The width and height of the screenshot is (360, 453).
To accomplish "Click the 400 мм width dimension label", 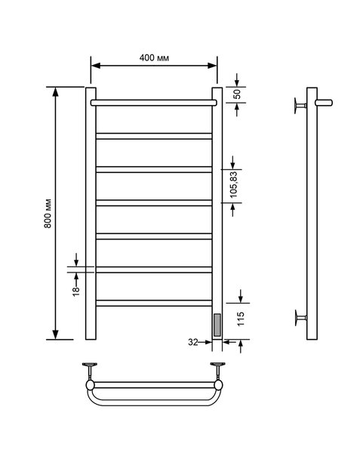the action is pyautogui.click(x=154, y=58).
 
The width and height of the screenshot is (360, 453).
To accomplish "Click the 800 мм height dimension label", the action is pyautogui.click(x=48, y=214).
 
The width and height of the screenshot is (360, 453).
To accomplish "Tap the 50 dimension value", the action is pyautogui.click(x=237, y=94).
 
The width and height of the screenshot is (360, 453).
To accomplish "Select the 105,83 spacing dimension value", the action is pyautogui.click(x=233, y=185).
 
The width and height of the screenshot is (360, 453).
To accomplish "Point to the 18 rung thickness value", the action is pyautogui.click(x=76, y=291).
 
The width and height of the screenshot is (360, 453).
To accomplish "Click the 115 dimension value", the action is pyautogui.click(x=241, y=319).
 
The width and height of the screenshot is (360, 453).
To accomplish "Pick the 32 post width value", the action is pyautogui.click(x=193, y=342).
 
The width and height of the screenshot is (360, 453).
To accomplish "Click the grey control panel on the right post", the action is pyautogui.click(x=217, y=325).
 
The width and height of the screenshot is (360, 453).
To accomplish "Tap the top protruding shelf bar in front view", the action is pyautogui.click(x=153, y=103).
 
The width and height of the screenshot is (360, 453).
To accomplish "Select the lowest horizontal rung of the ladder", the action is pyautogui.click(x=154, y=303).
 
